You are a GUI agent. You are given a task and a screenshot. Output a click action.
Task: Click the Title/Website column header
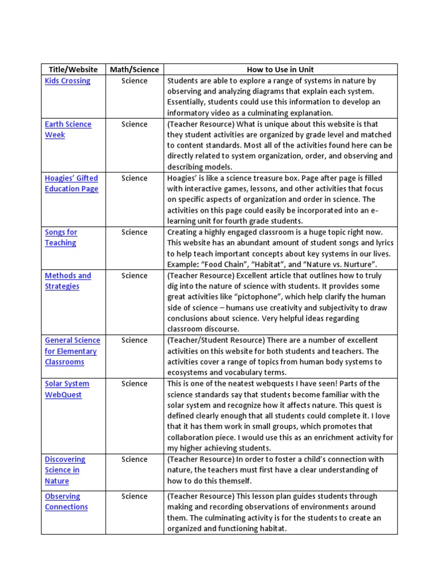pos(73,70)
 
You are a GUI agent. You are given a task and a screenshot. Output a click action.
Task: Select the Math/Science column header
pos(135,70)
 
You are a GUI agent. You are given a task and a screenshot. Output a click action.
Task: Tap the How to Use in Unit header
pos(280,70)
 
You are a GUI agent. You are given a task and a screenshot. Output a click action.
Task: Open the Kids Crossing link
pos(68,81)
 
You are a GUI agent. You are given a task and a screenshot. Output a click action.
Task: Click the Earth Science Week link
pos(68,129)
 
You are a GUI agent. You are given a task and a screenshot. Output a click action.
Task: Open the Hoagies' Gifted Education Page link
pos(72,183)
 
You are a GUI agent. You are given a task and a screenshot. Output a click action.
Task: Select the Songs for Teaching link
pos(61,237)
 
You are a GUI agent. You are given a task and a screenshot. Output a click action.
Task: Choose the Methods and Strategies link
pos(68,281)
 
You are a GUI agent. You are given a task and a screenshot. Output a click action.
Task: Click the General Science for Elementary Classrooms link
pos(72,351)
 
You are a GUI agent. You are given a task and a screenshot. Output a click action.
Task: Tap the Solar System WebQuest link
pos(66,389)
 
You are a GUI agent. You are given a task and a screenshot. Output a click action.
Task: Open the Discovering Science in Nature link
pos(65,470)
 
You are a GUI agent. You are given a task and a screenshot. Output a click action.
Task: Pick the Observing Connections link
pos(66,502)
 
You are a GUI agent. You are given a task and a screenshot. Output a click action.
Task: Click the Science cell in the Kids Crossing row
pos(135,81)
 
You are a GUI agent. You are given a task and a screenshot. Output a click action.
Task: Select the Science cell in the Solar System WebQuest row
pos(135,384)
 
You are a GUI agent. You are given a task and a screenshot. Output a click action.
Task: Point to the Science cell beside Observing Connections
pos(135,496)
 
